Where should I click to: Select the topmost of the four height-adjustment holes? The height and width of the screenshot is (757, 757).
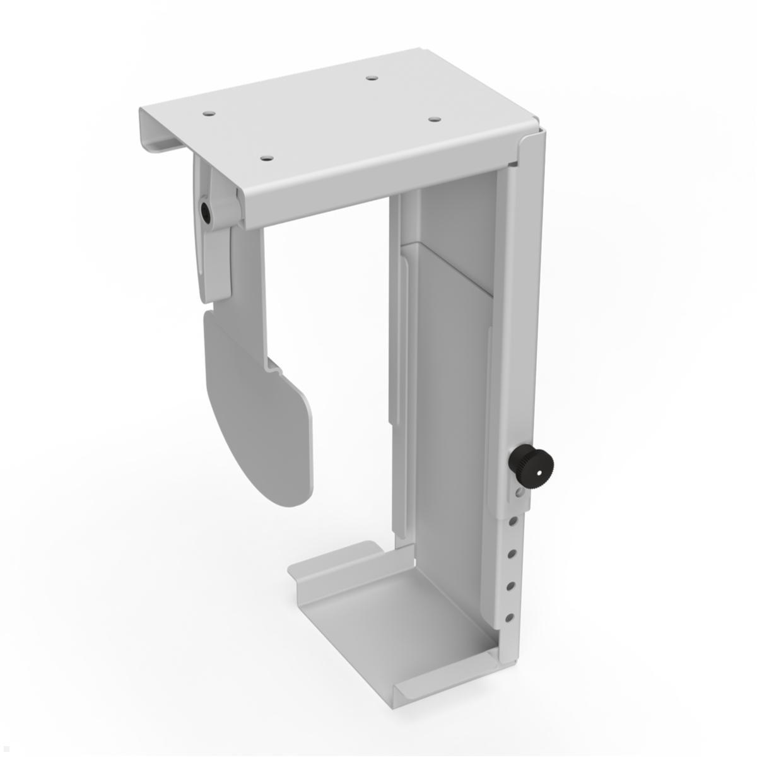(514, 521)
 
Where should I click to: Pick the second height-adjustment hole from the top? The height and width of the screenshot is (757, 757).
(513, 553)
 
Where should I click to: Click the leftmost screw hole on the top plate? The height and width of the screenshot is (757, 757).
(209, 114)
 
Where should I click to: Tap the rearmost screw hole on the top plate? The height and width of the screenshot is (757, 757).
(372, 79)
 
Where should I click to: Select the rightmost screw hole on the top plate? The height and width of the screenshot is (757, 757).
(433, 119)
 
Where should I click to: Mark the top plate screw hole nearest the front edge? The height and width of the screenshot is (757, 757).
(267, 158)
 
